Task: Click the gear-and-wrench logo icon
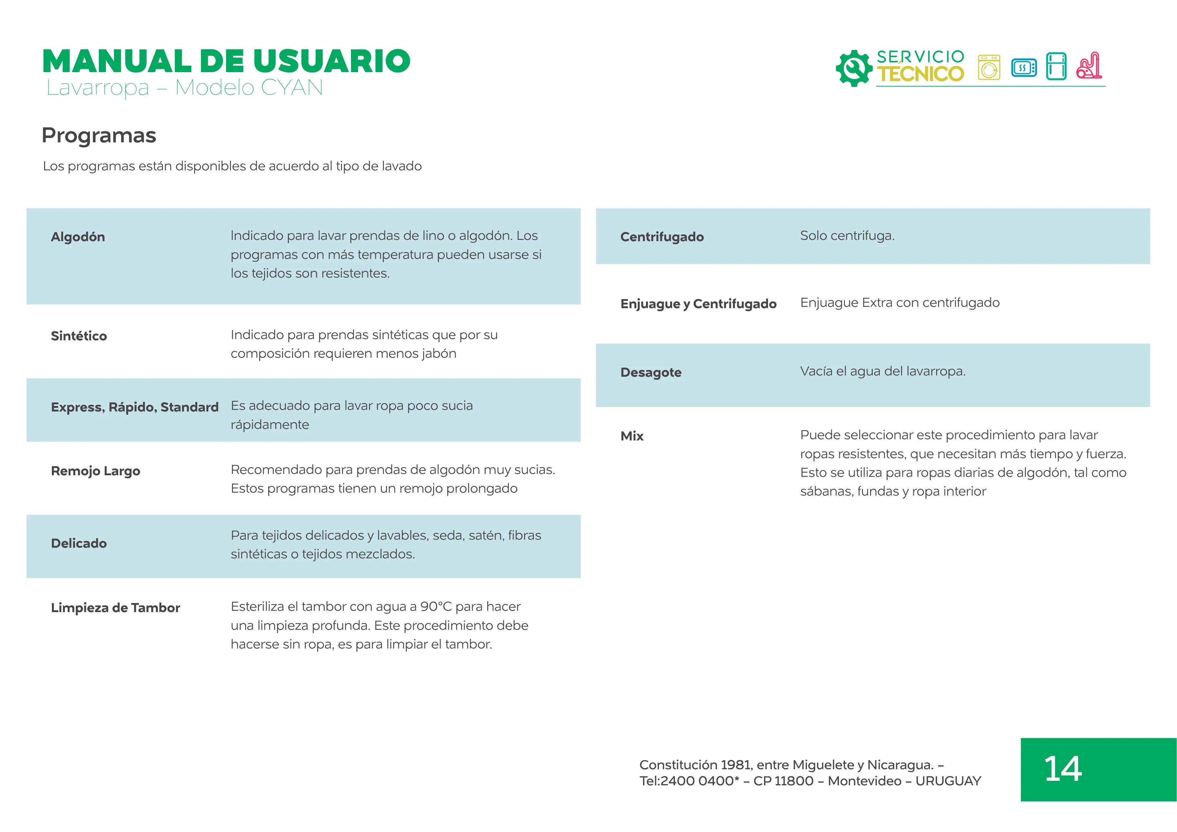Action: click(854, 68)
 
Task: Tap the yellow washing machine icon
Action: click(989, 67)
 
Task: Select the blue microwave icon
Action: click(1024, 68)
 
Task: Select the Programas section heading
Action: click(99, 135)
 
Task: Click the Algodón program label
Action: click(78, 237)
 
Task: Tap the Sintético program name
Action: click(79, 336)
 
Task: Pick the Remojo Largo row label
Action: click(95, 471)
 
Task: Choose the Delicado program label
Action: click(79, 544)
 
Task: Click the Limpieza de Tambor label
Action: click(115, 608)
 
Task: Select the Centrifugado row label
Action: click(662, 237)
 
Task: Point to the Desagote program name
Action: click(651, 373)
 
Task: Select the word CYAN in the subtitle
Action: click(292, 88)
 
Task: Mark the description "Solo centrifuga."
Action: click(847, 236)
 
